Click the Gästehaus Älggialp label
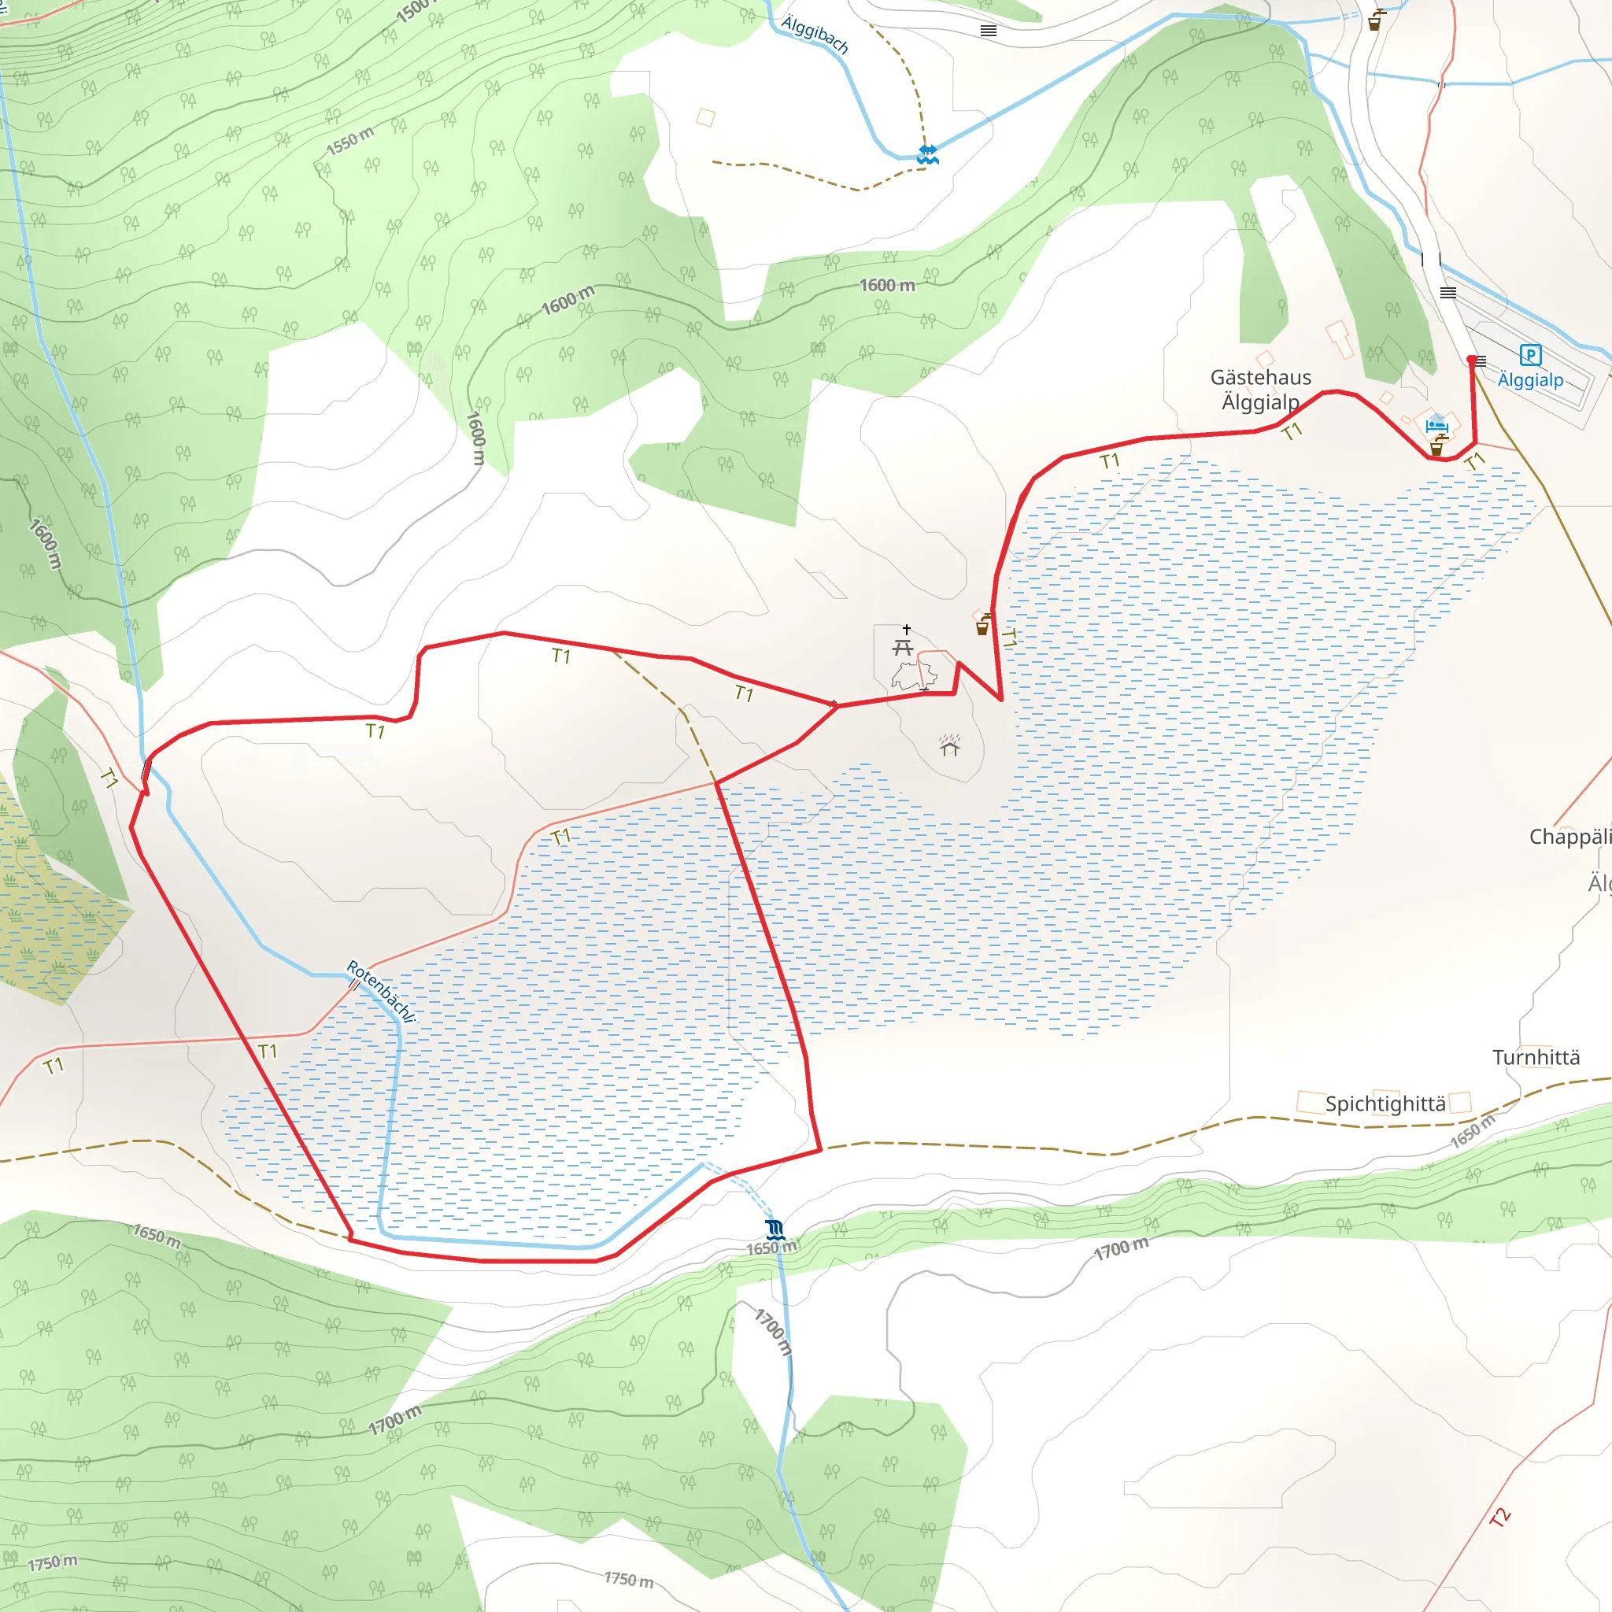pos(1261,390)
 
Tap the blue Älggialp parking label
pos(1530,380)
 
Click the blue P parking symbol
pos(1530,356)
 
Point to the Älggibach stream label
pos(815,34)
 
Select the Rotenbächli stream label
pos(380,990)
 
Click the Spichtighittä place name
pos(1385,1104)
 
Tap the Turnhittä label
pos(1536,1057)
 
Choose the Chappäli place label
pos(1569,837)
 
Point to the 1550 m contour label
pos(349,141)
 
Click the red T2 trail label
pos(1499,1517)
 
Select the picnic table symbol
pos(902,648)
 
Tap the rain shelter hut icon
pos(949,745)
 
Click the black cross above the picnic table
pos(906,629)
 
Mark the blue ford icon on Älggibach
pos(928,154)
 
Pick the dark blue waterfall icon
pos(775,1228)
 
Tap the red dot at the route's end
pos(1471,360)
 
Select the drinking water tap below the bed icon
pos(1436,446)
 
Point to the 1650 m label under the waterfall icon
pos(771,1248)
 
